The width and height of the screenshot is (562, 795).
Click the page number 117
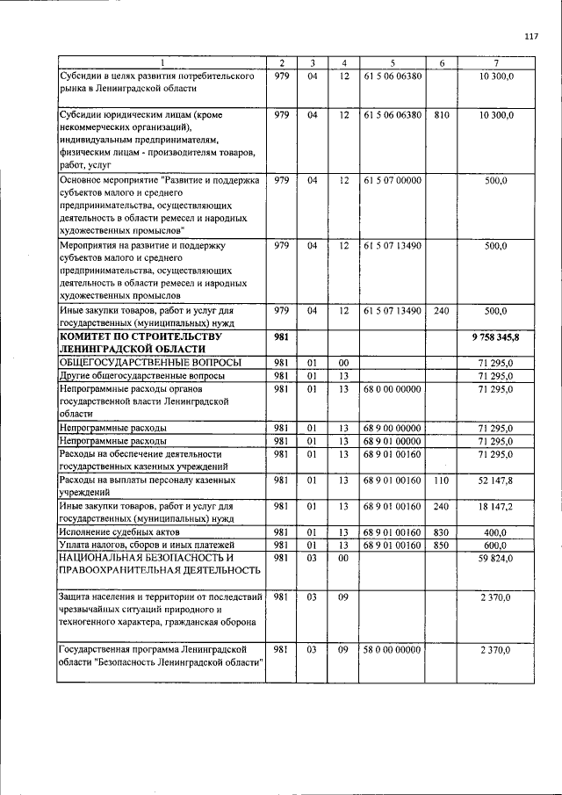click(x=530, y=36)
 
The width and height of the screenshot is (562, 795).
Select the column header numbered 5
click(x=392, y=63)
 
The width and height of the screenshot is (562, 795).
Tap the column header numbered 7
click(x=496, y=63)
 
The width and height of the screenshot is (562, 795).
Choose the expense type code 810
click(x=442, y=115)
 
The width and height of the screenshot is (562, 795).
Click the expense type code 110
click(x=442, y=481)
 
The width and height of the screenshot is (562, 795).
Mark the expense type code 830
click(x=442, y=532)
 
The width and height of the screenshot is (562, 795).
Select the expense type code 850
click(x=442, y=545)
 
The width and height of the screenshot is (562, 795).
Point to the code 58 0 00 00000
click(x=392, y=650)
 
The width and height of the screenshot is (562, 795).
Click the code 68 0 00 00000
click(x=392, y=388)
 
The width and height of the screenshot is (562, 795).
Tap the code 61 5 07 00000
click(x=392, y=180)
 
